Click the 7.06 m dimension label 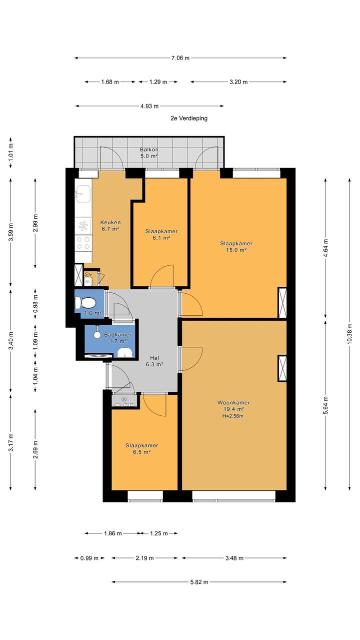pos(180,58)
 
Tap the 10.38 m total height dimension pos(349,334)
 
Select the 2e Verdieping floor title pos(189,118)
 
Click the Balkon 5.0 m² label pos(149,153)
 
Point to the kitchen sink pos(83,194)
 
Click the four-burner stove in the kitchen pos(83,243)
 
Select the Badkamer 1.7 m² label pos(117,338)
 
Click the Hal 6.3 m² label pos(154,361)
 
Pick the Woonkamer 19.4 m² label pos(233,406)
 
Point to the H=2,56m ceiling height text pos(233,416)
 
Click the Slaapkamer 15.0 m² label pos(236,247)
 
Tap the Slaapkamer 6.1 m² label pos(161,234)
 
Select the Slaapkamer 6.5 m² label pos(141,448)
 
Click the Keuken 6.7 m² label pos(110,226)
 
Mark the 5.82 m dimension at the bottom pos(199,582)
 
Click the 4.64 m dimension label pos(325,248)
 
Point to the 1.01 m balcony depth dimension pos(11,154)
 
